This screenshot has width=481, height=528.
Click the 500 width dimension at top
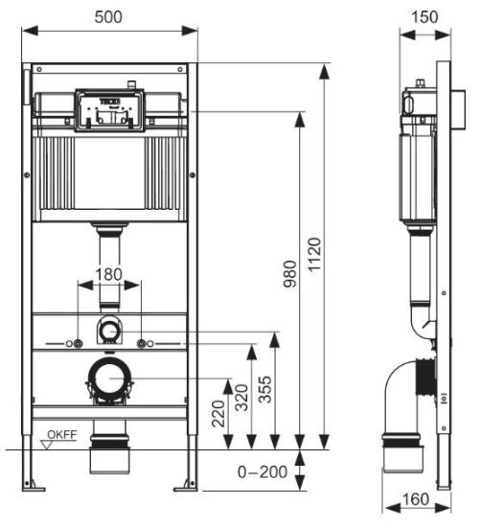[110, 15]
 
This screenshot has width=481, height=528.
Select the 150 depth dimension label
[423, 15]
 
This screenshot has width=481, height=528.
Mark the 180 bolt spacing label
[110, 274]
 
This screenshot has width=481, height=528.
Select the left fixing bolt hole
[75, 343]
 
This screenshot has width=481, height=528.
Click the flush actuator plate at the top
[110, 110]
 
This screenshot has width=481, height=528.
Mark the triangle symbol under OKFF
[51, 445]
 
